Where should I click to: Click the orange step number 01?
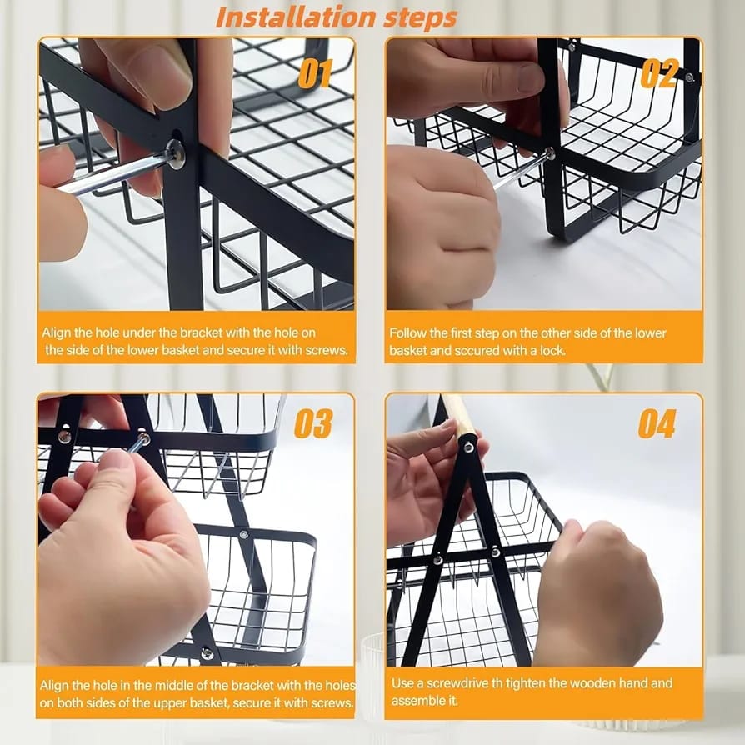tap(314, 74)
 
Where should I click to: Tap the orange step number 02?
tap(658, 73)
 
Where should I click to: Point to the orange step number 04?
tap(657, 423)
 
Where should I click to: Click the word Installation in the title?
tap(296, 17)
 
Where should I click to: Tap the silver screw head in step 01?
tap(177, 152)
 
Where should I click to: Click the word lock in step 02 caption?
tap(552, 351)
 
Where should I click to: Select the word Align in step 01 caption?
tap(56, 333)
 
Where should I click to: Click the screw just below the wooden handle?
tap(469, 446)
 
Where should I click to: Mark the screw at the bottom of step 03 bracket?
tap(207, 653)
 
